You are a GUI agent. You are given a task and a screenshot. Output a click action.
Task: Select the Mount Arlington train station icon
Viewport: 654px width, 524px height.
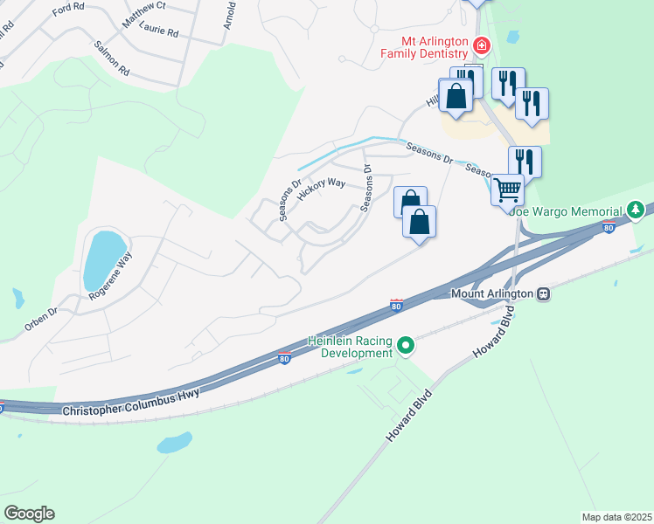pos(543,294)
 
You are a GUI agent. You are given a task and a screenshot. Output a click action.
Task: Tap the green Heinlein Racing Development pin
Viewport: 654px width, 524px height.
pos(405,347)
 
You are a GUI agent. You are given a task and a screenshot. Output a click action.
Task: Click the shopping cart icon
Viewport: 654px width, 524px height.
pos(507,188)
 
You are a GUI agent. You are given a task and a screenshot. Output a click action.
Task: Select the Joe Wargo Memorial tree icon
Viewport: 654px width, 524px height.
pos(637,210)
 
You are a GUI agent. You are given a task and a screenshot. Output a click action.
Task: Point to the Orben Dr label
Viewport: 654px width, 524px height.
pos(40,321)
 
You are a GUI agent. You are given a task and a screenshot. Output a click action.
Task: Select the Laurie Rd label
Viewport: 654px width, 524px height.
pos(160,32)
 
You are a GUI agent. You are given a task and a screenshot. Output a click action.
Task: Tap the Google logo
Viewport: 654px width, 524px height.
pos(29,514)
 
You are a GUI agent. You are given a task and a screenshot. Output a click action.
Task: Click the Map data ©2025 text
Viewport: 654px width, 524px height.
pos(616,517)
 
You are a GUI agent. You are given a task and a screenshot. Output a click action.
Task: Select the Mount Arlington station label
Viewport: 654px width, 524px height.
pos(491,294)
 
